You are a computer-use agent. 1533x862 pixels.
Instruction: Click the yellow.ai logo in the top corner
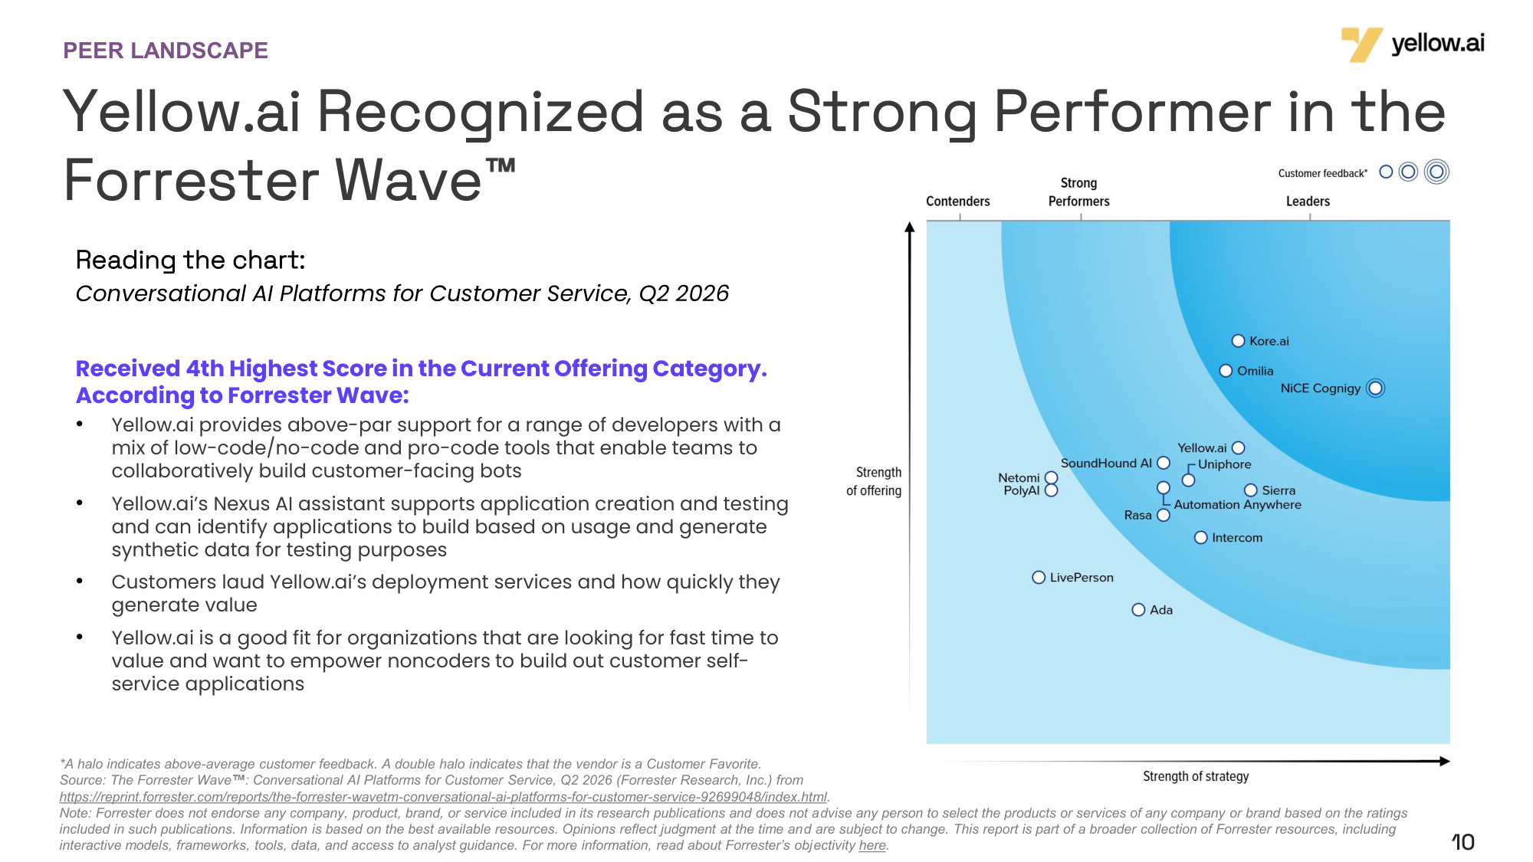(x=1412, y=44)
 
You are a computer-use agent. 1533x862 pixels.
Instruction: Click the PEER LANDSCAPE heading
(x=166, y=51)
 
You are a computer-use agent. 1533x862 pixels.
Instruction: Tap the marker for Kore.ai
(x=1238, y=341)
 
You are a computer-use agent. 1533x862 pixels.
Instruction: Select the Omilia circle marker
(x=1226, y=371)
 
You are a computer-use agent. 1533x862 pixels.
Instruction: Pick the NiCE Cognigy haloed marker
(x=1376, y=388)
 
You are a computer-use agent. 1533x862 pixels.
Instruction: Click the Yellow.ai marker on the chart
(x=1238, y=448)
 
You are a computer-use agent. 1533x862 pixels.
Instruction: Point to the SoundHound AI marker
(x=1164, y=463)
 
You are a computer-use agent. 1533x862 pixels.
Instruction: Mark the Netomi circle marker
(x=1052, y=478)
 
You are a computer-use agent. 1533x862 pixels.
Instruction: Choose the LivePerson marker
(x=1039, y=578)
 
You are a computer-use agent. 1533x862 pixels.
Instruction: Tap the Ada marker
(x=1138, y=610)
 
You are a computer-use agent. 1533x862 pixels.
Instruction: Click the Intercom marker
(x=1201, y=538)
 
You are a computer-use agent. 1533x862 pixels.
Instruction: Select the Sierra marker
(x=1251, y=490)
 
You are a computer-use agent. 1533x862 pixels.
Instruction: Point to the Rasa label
(x=1137, y=516)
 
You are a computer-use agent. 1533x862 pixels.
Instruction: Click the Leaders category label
(x=1308, y=202)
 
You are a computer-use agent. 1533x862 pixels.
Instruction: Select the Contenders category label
(x=958, y=202)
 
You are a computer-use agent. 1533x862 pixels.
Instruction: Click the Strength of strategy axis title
(x=1196, y=776)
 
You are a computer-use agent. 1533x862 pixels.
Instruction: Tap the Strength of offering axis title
(x=875, y=481)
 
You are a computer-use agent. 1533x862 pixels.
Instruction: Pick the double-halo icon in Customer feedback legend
(x=1436, y=172)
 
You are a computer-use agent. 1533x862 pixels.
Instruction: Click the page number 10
(x=1463, y=842)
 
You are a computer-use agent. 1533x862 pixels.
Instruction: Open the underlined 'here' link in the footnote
(x=872, y=845)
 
